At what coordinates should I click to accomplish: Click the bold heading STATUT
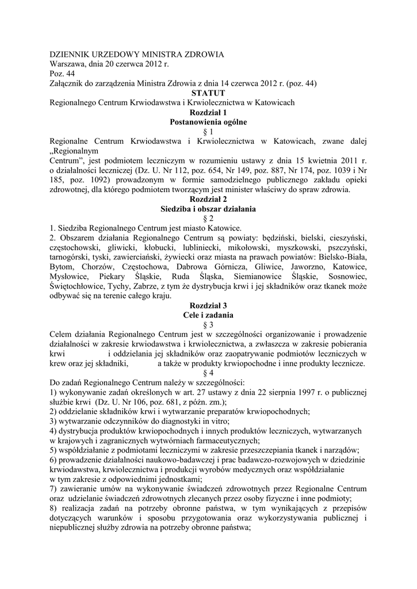[208, 93]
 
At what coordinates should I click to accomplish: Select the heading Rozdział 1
[208, 112]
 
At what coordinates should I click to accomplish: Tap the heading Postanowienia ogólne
[208, 122]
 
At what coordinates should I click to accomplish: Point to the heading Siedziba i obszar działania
[208, 209]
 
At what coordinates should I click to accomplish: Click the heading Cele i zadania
[208, 315]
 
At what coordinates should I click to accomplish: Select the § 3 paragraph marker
[208, 325]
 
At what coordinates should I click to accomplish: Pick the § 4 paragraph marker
[208, 373]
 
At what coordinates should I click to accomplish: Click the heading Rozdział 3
[208, 305]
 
